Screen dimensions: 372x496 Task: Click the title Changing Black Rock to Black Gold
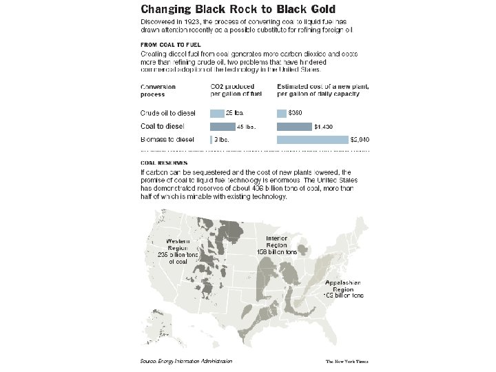click(x=238, y=10)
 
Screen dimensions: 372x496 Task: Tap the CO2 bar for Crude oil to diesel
click(x=217, y=113)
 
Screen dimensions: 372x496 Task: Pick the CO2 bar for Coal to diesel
click(x=223, y=126)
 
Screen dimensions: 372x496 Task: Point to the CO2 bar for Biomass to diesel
click(x=211, y=139)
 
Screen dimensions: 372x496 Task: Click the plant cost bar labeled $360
click(x=281, y=113)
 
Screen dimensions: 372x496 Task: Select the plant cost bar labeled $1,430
click(x=294, y=126)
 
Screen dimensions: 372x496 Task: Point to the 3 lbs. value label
click(x=222, y=139)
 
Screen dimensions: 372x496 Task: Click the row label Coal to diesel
click(x=162, y=126)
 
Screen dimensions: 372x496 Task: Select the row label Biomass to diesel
click(x=167, y=139)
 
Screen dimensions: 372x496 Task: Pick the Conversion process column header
click(x=158, y=90)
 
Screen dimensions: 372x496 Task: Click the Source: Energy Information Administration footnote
click(x=185, y=361)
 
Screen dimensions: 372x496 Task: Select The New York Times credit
click(x=348, y=361)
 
